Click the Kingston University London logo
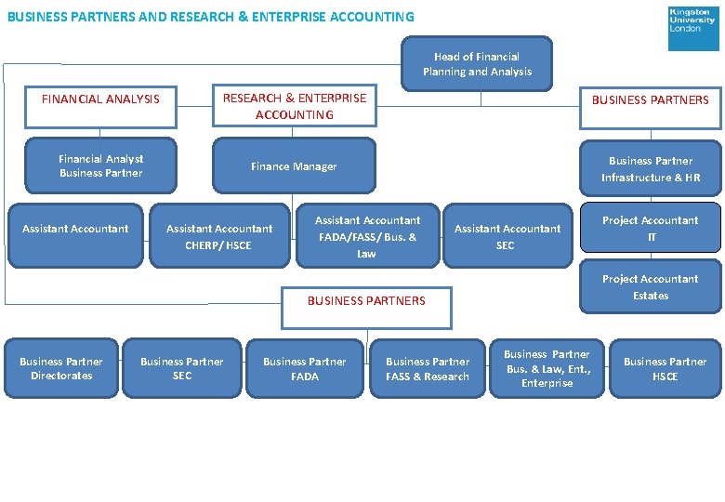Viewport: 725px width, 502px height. (x=692, y=28)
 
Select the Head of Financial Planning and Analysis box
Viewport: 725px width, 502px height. (x=477, y=64)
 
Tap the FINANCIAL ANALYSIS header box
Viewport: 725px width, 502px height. (x=100, y=99)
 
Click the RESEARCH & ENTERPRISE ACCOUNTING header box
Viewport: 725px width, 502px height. (x=294, y=106)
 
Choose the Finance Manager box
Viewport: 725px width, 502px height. (x=294, y=166)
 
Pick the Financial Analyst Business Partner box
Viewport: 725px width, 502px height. (x=100, y=166)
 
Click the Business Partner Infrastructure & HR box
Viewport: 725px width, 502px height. (x=650, y=168)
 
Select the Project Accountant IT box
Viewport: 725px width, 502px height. (x=650, y=228)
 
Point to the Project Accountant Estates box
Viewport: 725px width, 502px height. (x=650, y=287)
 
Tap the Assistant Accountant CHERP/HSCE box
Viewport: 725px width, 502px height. (x=218, y=237)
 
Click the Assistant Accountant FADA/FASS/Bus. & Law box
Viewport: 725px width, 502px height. (x=367, y=236)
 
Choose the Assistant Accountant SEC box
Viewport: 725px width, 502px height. (x=507, y=236)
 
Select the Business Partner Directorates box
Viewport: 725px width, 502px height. (x=61, y=368)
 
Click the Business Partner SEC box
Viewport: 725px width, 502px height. (x=182, y=368)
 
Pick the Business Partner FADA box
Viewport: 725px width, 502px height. (x=304, y=368)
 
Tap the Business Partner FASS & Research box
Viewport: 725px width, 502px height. (x=427, y=368)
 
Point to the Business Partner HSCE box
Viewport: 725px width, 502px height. (x=665, y=368)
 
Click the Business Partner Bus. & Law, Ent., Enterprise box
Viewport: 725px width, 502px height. (x=547, y=368)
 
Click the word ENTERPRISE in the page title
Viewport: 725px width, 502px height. (x=300, y=17)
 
